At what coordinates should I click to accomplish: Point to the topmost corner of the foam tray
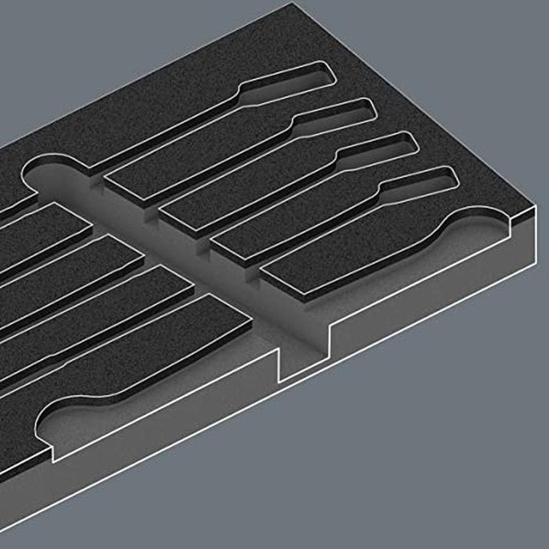[x=292, y=5]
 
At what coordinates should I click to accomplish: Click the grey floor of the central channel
[x=229, y=252]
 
